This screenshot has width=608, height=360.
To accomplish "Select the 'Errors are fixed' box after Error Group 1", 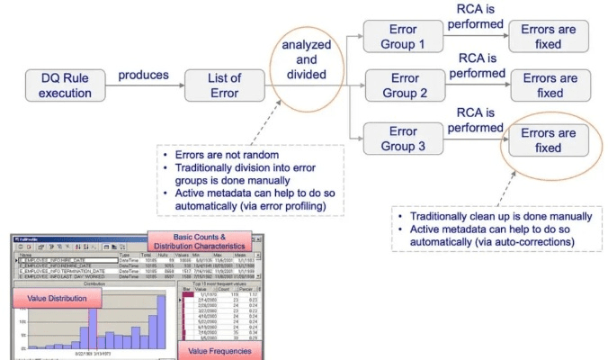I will coord(550,37).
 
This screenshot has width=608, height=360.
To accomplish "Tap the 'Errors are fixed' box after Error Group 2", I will coord(550,85).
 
